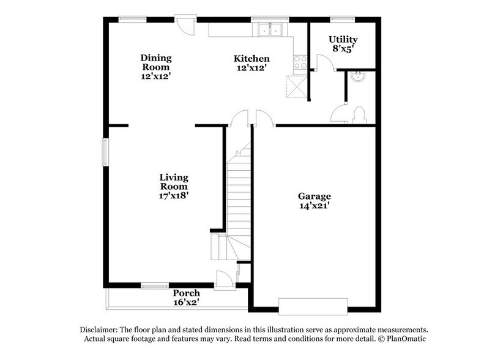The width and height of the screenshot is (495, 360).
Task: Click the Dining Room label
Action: pos(156,62)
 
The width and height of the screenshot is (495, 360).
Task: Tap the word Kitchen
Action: pos(251,59)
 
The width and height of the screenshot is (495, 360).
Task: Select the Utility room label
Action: pos(343,39)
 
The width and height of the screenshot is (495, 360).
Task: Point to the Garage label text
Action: pos(314,196)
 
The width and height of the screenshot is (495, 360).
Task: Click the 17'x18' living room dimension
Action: pos(174,196)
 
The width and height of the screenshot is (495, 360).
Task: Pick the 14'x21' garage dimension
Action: pos(314,206)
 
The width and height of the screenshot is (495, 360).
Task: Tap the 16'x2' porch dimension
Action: pos(186,302)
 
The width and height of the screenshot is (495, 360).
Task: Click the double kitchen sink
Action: pos(270,29)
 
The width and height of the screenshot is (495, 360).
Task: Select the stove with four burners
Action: pos(300,62)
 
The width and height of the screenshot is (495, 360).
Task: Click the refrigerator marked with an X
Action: pos(296,86)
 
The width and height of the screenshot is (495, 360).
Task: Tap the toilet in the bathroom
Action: pos(359,115)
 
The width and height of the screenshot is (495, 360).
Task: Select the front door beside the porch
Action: pos(224,280)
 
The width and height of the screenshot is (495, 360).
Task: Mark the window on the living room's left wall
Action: pos(105,152)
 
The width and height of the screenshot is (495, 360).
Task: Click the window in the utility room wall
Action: pos(343,19)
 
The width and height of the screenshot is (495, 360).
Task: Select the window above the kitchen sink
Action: pos(270,19)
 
